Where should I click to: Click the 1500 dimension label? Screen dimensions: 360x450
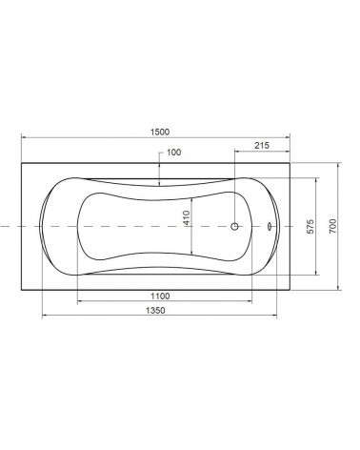pyautogui.click(x=160, y=132)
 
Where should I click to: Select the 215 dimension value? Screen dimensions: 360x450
pyautogui.click(x=262, y=146)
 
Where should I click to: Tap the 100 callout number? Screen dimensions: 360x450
pyautogui.click(x=174, y=153)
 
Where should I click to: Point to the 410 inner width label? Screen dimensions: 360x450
pyautogui.click(x=187, y=217)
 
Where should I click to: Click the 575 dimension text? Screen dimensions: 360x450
pyautogui.click(x=310, y=226)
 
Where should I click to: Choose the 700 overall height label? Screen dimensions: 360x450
pyautogui.click(x=332, y=226)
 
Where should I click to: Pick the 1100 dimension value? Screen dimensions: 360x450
pyautogui.click(x=160, y=297)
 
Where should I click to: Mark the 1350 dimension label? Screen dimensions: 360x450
pyautogui.click(x=155, y=310)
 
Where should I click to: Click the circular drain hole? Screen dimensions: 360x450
pyautogui.click(x=234, y=226)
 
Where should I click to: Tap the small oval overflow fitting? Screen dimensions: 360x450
pyautogui.click(x=270, y=226)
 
